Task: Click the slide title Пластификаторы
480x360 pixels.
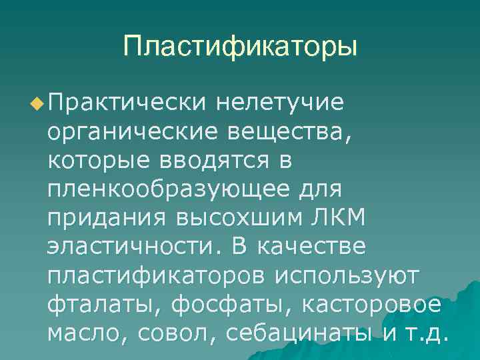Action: (x=240, y=47)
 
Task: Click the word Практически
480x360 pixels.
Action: (x=127, y=103)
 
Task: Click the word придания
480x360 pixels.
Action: (x=105, y=219)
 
